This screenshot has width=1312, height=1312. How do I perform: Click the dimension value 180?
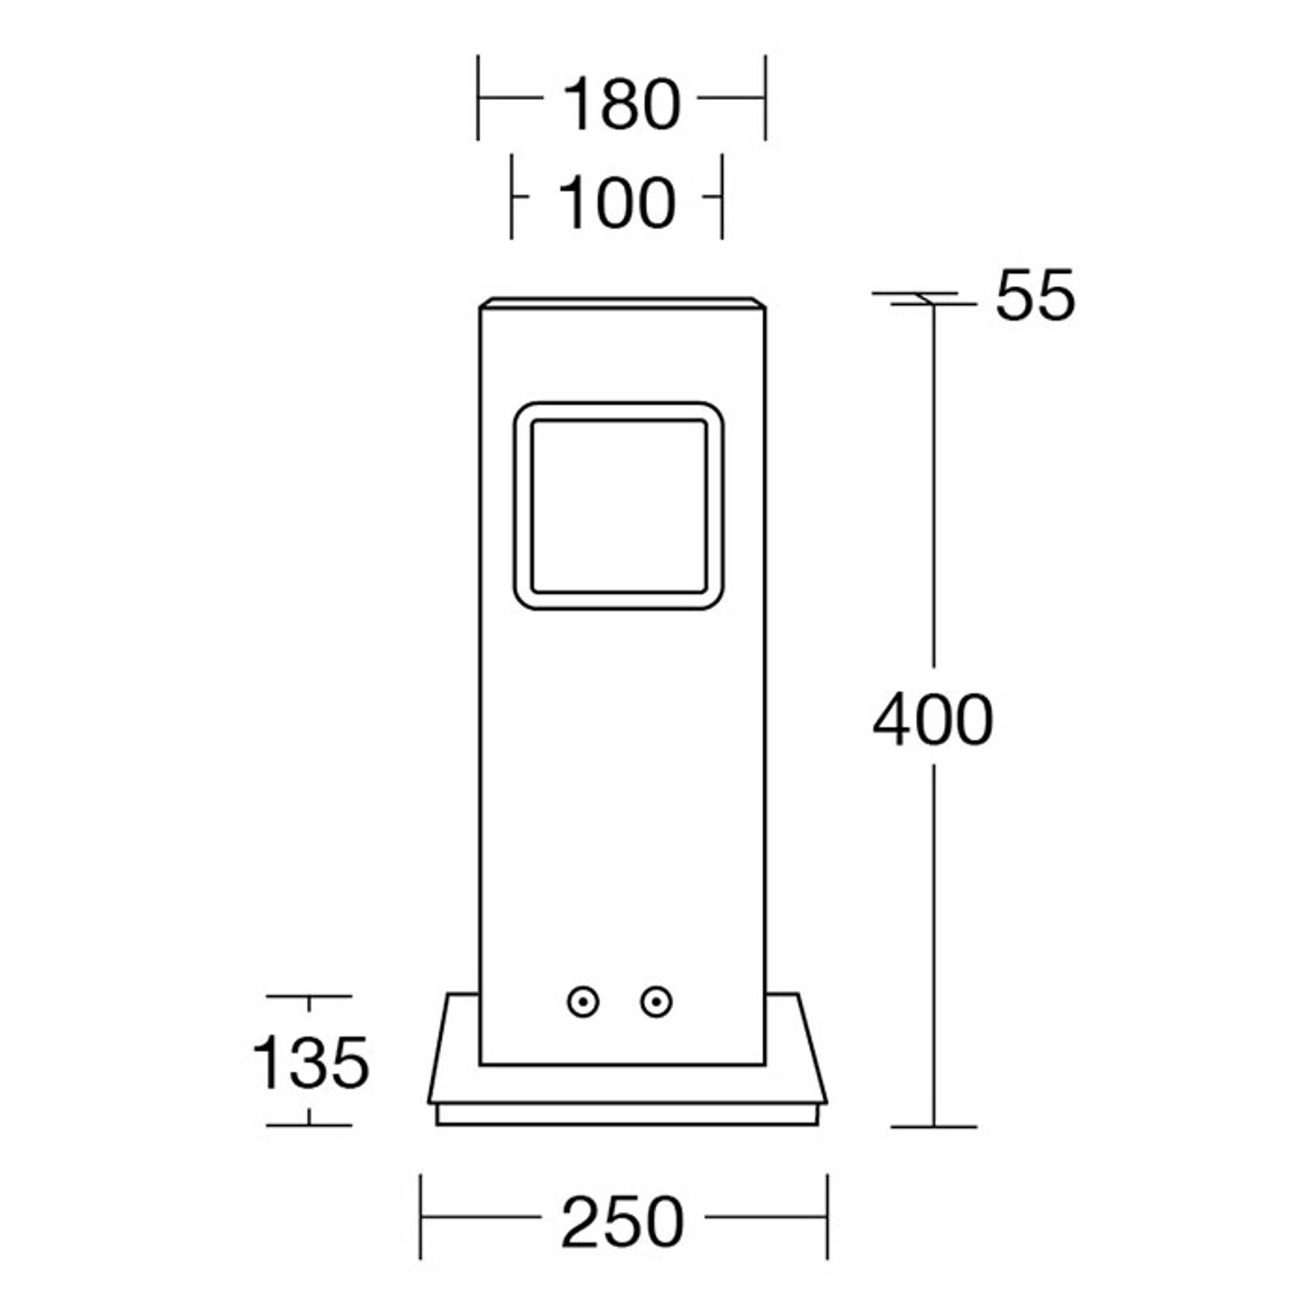[x=622, y=104]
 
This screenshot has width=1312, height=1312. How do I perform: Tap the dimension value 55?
[x=1035, y=295]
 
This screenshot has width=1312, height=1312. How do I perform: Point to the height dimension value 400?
[x=933, y=720]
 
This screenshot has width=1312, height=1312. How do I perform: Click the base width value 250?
[x=622, y=1222]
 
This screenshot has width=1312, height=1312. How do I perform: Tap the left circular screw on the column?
[x=583, y=1002]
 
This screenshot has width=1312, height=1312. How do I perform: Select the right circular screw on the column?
[x=656, y=1002]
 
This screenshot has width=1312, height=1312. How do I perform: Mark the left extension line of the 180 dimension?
[x=478, y=98]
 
